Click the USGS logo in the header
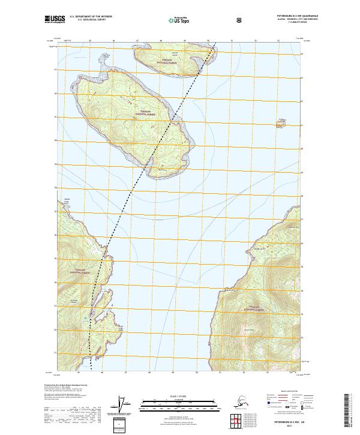(55, 19)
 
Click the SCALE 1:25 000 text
(179, 397)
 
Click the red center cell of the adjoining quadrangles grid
(236, 419)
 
